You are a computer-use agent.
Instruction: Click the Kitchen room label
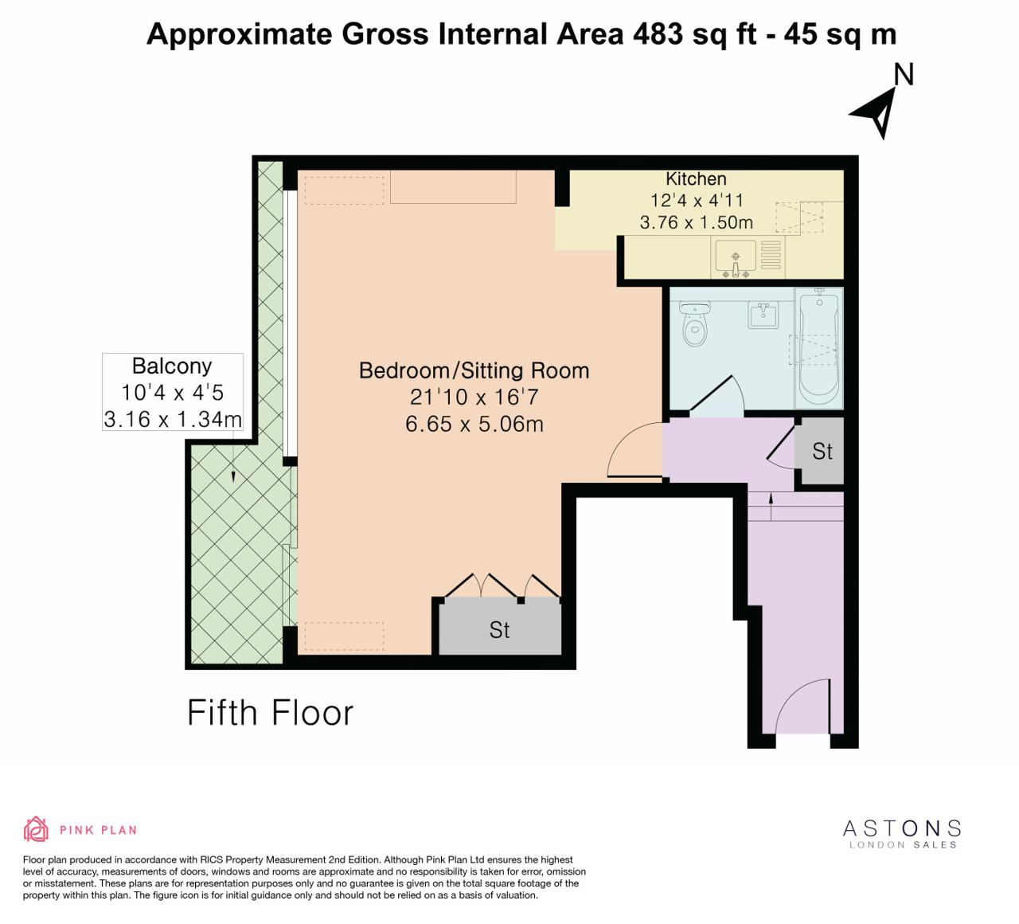pos(696,179)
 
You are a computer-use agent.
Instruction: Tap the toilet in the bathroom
pos(694,323)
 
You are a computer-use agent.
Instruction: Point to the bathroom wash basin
pos(763,315)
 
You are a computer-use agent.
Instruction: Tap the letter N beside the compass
pos(904,74)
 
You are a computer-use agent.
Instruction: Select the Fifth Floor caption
pos(270,713)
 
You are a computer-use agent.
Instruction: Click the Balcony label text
pos(172,366)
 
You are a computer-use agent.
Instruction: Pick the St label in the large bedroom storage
pos(499,630)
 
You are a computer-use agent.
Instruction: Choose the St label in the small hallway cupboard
pos(822,452)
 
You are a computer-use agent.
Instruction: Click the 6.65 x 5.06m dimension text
pos(474,424)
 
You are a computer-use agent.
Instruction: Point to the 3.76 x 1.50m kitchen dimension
pos(697,222)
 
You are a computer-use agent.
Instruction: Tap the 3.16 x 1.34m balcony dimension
pos(173,419)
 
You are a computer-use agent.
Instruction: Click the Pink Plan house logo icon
pos(36,829)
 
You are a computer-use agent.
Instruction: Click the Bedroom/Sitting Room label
pos(474,370)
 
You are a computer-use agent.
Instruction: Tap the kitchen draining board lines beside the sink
pos(771,255)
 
